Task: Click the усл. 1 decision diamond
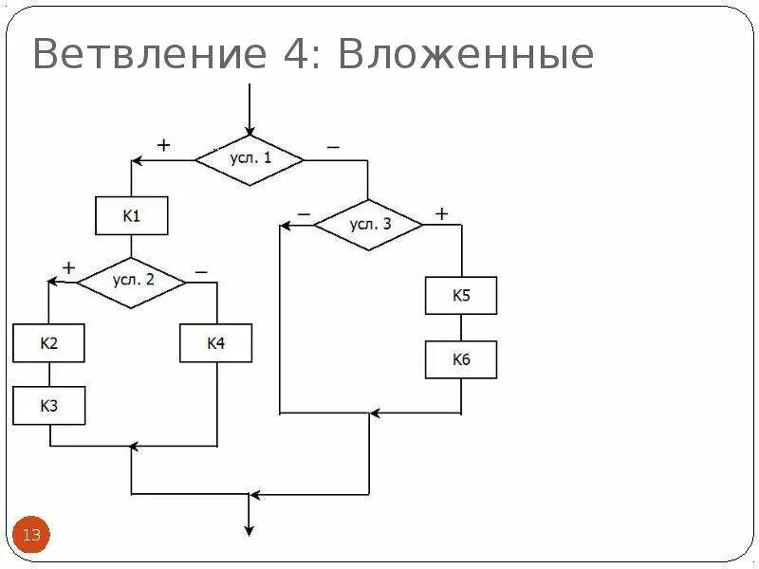tap(250, 159)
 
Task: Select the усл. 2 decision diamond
tap(132, 281)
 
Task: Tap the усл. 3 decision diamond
tap(369, 225)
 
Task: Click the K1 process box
tap(132, 216)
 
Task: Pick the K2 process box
tap(49, 343)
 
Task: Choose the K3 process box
tap(49, 406)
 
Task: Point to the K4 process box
tap(216, 343)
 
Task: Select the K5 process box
tap(461, 296)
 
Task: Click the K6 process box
tap(461, 359)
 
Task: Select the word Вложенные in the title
tap(466, 55)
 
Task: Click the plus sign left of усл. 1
tap(163, 145)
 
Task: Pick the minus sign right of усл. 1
tap(333, 147)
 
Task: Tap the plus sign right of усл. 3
tap(441, 213)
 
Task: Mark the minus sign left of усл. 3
tap(304, 215)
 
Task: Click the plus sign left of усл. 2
tap(68, 268)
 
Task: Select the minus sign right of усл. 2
tap(201, 271)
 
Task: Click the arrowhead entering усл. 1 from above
tap(250, 130)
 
